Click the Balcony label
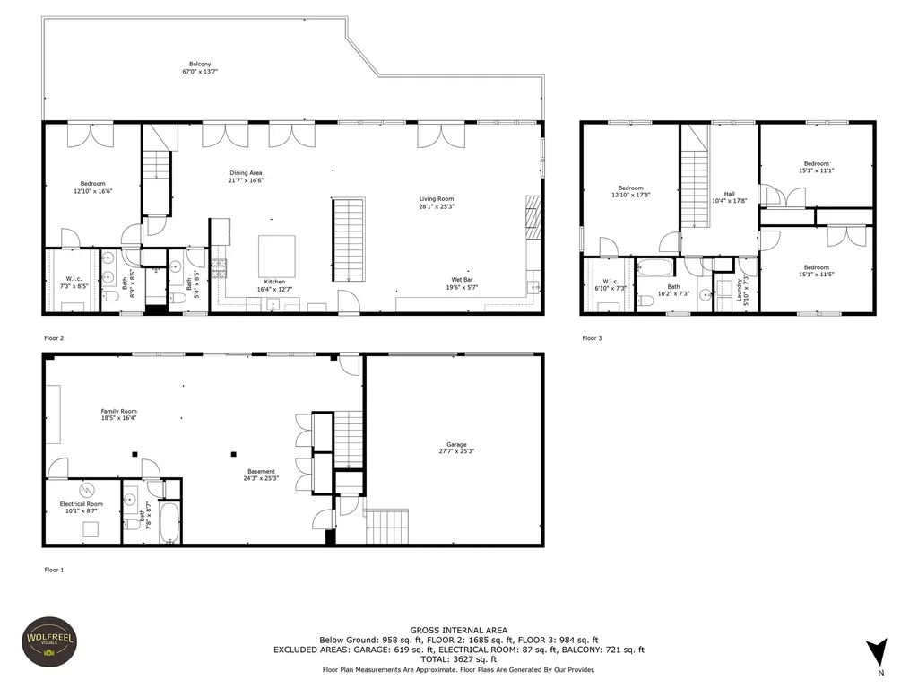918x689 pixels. [x=200, y=65]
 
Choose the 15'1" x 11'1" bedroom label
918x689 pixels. [x=816, y=170]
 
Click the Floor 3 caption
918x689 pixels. [x=593, y=338]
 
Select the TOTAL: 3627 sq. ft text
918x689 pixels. [x=458, y=659]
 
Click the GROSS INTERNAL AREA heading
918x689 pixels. [x=458, y=631]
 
